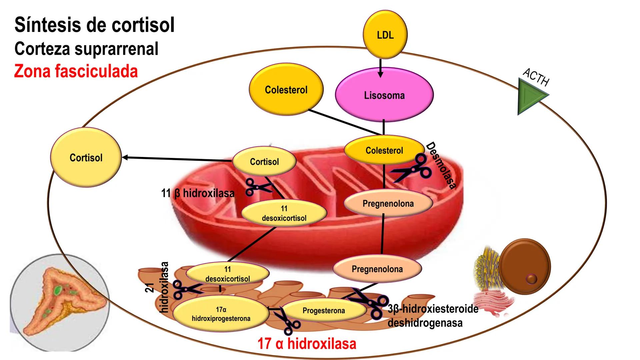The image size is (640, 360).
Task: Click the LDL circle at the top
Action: (385, 35)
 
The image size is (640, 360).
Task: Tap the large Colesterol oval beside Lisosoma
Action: (286, 89)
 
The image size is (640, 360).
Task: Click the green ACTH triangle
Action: (530, 96)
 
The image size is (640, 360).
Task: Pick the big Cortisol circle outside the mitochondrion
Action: (86, 157)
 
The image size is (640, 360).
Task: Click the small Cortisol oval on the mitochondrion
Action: (264, 161)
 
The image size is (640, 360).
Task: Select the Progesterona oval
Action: (324, 310)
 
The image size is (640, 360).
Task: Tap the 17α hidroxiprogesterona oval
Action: (221, 314)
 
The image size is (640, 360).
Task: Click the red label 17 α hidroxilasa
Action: (307, 344)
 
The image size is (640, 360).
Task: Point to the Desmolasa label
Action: (441, 166)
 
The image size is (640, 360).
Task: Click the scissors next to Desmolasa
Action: (413, 169)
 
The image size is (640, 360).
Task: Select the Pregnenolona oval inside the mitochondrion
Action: (388, 203)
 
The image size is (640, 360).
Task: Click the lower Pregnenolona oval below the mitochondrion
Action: (377, 269)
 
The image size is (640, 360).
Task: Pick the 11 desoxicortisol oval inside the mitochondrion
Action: (284, 213)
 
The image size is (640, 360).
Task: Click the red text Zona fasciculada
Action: (76, 71)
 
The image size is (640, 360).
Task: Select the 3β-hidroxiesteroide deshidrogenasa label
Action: (433, 316)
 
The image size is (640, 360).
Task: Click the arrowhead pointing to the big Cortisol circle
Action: (125, 157)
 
